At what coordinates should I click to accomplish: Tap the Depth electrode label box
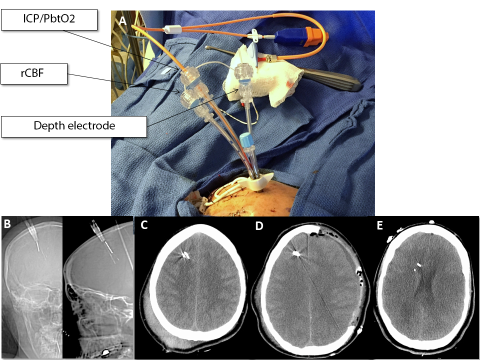click(x=74, y=126)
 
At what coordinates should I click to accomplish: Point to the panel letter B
click(x=7, y=223)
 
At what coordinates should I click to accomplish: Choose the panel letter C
click(x=144, y=225)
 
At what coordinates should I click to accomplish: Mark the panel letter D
click(x=258, y=226)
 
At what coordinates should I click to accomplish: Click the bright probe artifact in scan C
click(x=185, y=255)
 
